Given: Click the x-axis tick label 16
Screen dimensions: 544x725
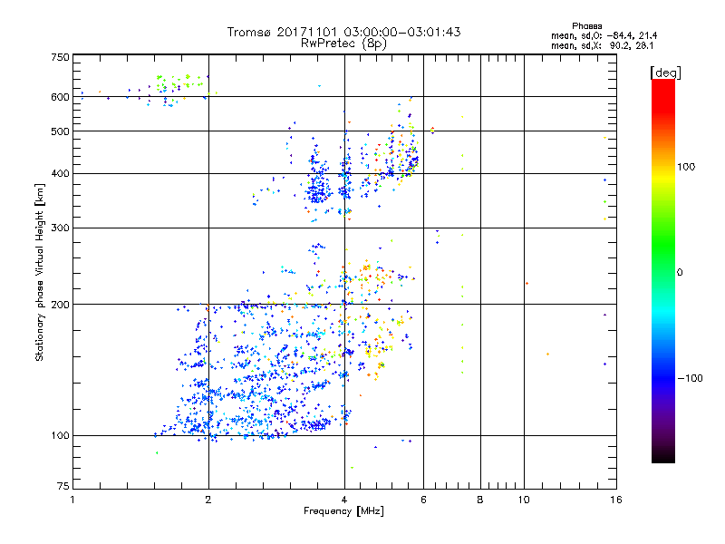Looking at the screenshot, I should coord(614,500).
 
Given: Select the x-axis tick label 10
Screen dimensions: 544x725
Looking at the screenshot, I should coord(524,500).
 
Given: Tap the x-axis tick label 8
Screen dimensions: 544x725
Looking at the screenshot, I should coord(480,500).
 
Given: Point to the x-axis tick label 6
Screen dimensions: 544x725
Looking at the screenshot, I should coord(424,500).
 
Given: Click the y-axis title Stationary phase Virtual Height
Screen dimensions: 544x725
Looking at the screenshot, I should coord(40,272).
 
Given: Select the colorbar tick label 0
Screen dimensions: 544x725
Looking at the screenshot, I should coord(681,272).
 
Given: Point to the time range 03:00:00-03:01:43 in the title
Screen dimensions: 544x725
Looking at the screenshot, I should coord(399,32).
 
